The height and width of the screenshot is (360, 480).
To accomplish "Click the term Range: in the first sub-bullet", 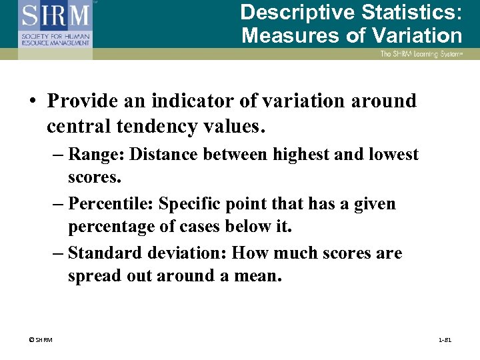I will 97,155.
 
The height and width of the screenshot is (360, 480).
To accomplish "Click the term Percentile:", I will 111,204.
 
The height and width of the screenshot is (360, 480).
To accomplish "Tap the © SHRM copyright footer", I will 41,341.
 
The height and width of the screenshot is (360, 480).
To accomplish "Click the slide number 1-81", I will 445,341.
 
